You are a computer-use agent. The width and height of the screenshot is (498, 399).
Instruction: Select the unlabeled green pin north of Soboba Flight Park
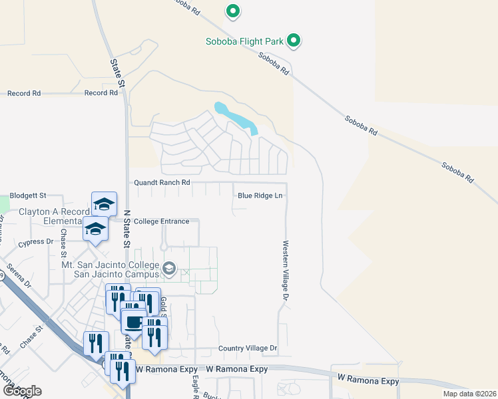pos(232,11)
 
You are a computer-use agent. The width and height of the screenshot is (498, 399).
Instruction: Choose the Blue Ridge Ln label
pos(260,196)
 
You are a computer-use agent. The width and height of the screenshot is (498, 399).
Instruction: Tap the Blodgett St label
pos(23,196)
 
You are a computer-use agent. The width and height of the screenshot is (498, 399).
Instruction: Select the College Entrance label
pos(161,221)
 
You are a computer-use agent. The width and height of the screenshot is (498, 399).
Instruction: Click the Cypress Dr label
pos(35,242)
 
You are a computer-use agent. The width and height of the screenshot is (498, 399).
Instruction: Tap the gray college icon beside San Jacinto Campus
pos(169,269)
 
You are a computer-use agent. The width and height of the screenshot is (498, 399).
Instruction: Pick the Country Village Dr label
pos(247,348)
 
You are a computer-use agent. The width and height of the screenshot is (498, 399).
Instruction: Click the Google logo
pos(22,390)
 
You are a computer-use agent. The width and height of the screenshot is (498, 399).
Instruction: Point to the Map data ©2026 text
pos(469,394)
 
